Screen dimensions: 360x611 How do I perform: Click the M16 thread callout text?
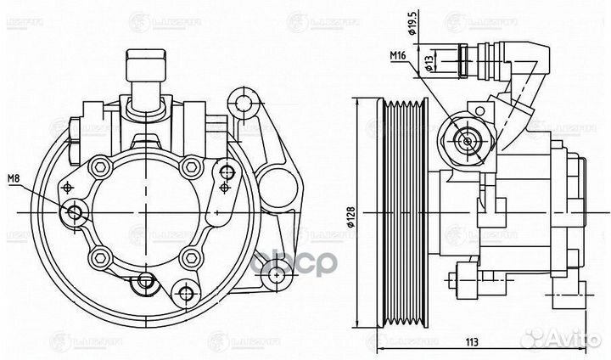coord(400,56)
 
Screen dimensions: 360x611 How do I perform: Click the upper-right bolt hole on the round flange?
coord(189,166)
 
